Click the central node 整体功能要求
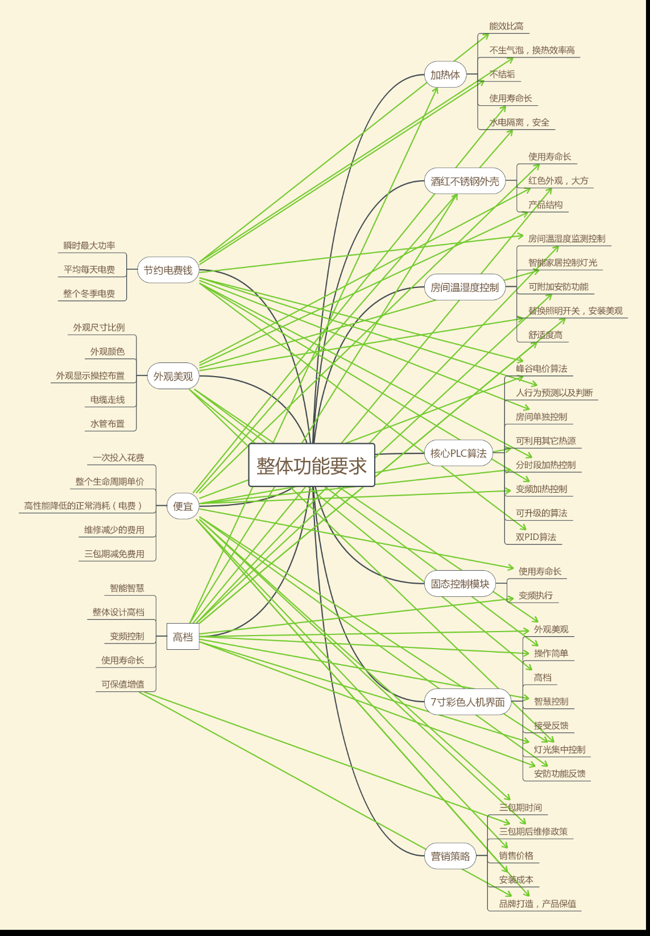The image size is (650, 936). pyautogui.click(x=312, y=465)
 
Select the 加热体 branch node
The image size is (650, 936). pyautogui.click(x=445, y=75)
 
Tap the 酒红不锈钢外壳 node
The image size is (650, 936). pyautogui.click(x=465, y=181)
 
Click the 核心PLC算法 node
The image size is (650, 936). pyautogui.click(x=458, y=453)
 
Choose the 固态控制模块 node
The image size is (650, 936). pyautogui.click(x=460, y=584)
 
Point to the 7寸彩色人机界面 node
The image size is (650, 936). pyautogui.click(x=467, y=702)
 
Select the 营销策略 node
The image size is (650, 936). pyautogui.click(x=450, y=856)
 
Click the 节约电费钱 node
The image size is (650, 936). pyautogui.click(x=168, y=270)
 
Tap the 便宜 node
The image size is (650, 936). pyautogui.click(x=183, y=506)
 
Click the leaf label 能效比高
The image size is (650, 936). pyautogui.click(x=506, y=26)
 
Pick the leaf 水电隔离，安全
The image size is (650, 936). pyautogui.click(x=519, y=122)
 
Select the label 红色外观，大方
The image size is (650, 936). pyautogui.click(x=558, y=181)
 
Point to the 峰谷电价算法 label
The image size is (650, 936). pyautogui.click(x=541, y=369)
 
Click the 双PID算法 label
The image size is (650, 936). pyautogui.click(x=536, y=537)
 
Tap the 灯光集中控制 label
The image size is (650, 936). pyautogui.click(x=560, y=749)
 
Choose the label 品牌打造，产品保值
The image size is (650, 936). pyautogui.click(x=537, y=904)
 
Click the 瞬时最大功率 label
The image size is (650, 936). pyautogui.click(x=89, y=246)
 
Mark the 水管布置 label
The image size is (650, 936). pyautogui.click(x=107, y=424)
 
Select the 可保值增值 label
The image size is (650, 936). pyautogui.click(x=123, y=685)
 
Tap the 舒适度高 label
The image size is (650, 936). pyautogui.click(x=545, y=335)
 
